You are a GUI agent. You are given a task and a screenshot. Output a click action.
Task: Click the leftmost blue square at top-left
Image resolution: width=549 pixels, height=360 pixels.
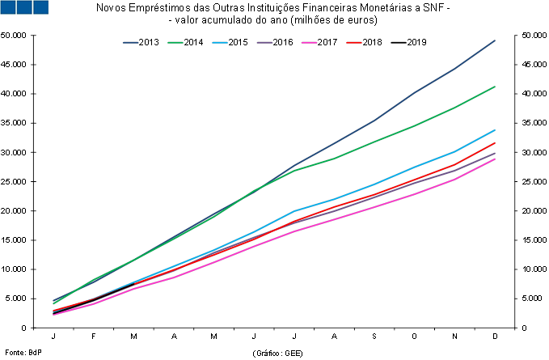pos(7,7)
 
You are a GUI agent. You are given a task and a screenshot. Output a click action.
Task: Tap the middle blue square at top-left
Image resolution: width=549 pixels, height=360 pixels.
pos(23,7)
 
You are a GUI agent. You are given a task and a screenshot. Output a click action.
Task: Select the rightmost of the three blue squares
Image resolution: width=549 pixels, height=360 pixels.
pos(40,7)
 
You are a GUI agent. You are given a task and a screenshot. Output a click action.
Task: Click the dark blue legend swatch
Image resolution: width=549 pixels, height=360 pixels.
pos(130,42)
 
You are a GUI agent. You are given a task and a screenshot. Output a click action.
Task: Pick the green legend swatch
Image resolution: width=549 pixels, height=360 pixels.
pos(175,42)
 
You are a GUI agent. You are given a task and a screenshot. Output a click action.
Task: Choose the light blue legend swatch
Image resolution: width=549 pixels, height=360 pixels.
pos(220,42)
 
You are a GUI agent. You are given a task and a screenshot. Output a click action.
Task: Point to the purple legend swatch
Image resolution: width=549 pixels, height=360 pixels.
pos(264,42)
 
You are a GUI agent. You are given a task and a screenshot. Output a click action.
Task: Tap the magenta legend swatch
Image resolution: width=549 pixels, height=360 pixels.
pos(309,42)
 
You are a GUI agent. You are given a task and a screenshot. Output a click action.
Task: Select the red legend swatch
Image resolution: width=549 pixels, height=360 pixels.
pos(353,42)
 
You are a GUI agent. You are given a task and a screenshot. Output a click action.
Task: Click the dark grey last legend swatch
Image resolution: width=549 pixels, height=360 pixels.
pos(399,42)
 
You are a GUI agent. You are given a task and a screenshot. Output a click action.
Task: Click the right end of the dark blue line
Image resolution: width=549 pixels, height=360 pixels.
pos(495,40)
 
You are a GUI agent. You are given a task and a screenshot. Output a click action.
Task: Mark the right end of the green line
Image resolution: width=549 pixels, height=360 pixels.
pos(495,87)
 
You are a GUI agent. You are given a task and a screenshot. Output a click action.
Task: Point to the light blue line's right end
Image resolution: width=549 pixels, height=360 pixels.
pos(495,130)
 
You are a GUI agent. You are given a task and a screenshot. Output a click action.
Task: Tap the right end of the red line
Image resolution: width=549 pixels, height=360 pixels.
pos(495,143)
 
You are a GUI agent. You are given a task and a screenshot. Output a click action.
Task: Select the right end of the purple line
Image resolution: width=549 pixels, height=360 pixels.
pos(495,153)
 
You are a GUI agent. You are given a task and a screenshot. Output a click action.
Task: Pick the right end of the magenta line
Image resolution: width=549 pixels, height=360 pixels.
pos(495,159)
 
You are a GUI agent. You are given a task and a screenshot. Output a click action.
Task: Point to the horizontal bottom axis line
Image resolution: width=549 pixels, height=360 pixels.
pos(275,328)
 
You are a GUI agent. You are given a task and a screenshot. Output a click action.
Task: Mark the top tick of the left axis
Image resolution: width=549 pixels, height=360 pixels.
pos(32,36)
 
